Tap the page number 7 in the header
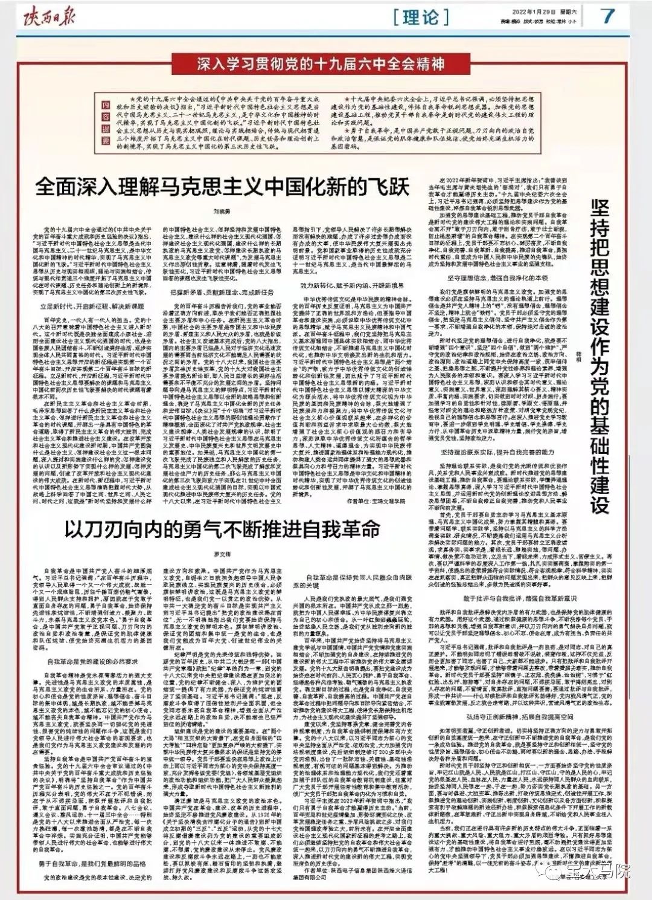(x=606, y=16)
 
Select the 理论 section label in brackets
(x=420, y=17)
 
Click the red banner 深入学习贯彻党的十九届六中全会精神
(x=321, y=63)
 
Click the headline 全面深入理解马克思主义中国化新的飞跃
(x=222, y=186)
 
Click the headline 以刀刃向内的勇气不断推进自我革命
(x=223, y=529)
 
